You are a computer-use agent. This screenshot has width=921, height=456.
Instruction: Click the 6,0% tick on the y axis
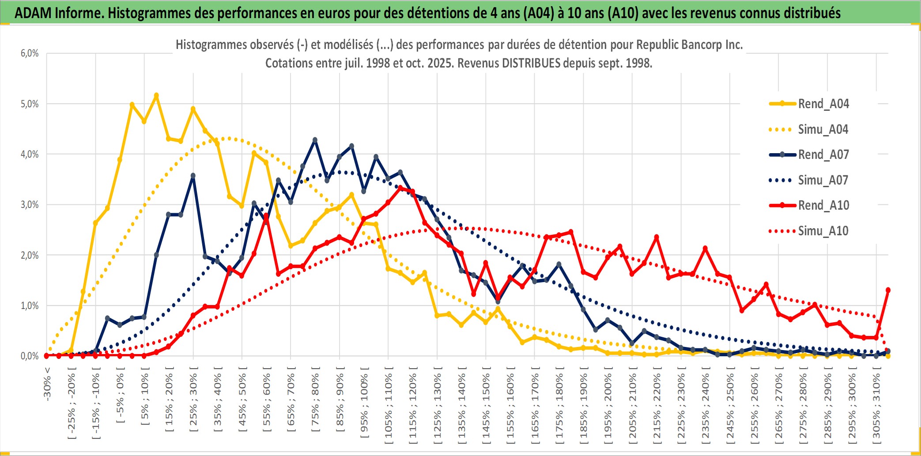30,53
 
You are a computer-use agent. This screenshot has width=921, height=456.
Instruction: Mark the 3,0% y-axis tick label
30,205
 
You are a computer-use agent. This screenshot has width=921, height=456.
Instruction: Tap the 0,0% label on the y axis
30,356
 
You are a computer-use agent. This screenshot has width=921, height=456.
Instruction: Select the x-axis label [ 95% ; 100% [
364,402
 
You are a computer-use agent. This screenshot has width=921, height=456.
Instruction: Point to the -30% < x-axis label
47,384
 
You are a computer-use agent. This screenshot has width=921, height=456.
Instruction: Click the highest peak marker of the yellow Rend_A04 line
156,95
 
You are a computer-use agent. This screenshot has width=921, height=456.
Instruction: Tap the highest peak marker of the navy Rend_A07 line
315,140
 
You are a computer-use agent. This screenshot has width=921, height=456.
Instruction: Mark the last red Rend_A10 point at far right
888,290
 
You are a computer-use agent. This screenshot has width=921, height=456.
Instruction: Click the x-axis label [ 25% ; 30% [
193,399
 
